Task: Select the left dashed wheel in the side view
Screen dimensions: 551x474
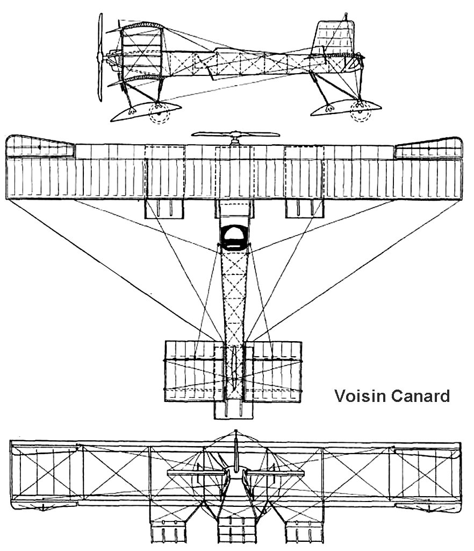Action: (159, 112)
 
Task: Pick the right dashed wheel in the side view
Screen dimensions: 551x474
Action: (360, 112)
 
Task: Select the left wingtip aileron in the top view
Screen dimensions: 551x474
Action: (40, 147)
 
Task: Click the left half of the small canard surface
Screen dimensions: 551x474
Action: (191, 371)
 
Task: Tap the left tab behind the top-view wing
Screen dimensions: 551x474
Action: (164, 209)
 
